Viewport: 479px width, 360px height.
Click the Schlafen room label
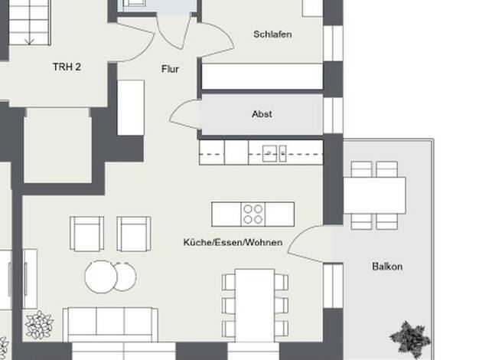point(272,34)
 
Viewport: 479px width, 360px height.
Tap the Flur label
point(170,69)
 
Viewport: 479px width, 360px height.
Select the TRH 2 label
point(67,67)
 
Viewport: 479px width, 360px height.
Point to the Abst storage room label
point(262,114)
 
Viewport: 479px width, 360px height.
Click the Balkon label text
point(387,267)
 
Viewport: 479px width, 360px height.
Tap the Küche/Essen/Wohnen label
point(233,243)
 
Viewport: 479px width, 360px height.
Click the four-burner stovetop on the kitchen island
point(253,214)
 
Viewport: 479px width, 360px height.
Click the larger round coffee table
point(101,277)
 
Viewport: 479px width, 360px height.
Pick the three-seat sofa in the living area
point(110,325)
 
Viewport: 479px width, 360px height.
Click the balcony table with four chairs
point(374,195)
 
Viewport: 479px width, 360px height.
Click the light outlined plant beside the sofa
point(39,325)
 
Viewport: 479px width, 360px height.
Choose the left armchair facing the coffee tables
point(86,234)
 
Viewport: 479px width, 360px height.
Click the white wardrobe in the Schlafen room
point(262,77)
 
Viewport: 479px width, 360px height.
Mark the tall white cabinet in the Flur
point(131,108)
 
